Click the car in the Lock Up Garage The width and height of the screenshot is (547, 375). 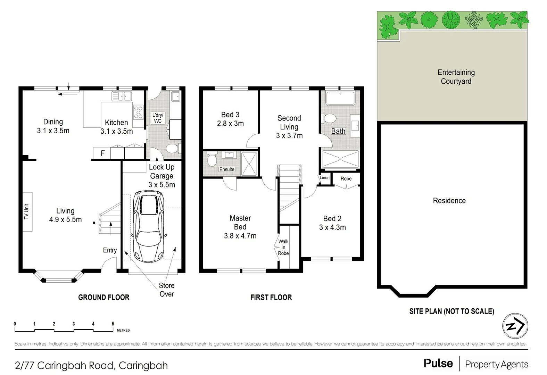[149, 226]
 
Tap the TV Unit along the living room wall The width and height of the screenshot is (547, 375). [27, 212]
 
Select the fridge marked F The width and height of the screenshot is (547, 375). [102, 153]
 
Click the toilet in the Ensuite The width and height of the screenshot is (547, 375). [212, 160]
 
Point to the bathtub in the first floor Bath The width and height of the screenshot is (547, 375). [340, 98]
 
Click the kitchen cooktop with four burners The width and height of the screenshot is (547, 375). [138, 112]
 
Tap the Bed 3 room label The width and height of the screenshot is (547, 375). [230, 115]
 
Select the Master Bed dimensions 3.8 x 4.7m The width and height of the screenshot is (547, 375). [240, 236]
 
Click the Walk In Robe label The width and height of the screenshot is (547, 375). [283, 247]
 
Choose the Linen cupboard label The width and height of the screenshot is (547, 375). [325, 177]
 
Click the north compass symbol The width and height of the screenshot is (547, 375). [515, 326]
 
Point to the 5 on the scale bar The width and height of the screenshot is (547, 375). [113, 324]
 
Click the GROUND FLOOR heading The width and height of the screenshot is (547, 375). [103, 297]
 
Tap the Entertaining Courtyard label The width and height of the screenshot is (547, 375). [456, 77]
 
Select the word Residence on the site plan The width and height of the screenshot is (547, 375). [449, 201]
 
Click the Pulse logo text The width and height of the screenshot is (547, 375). [438, 364]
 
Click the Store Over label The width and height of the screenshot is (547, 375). [167, 290]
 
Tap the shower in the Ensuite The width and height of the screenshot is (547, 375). [249, 164]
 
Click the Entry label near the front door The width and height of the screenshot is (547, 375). [110, 250]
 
